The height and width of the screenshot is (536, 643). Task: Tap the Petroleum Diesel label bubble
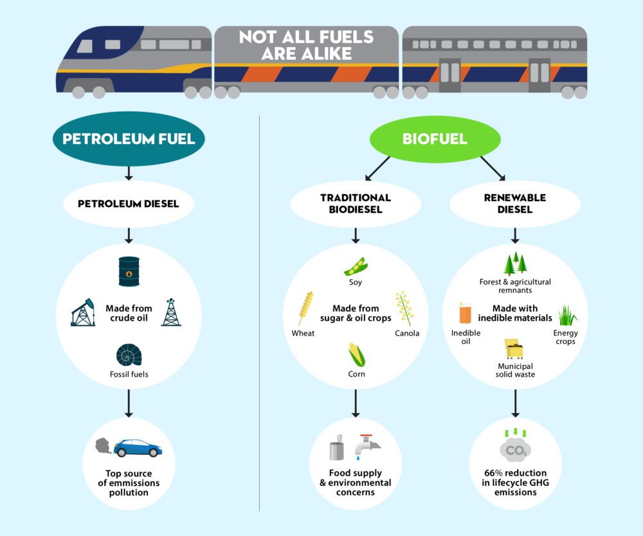(128, 204)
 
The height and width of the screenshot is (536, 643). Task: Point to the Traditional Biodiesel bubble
(356, 204)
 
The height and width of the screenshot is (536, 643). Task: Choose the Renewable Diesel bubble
(514, 204)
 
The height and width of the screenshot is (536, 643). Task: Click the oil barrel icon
(129, 271)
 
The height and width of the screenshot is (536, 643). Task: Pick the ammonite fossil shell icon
(128, 355)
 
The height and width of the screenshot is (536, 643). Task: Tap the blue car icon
(137, 447)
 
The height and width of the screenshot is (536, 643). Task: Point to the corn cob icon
(356, 355)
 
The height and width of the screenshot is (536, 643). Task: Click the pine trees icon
(515, 264)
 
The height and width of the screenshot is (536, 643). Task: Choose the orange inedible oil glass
(466, 313)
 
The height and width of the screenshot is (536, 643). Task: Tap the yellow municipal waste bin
(514, 348)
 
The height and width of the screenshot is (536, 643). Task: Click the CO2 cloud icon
(514, 451)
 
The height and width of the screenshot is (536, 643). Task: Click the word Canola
(407, 333)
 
